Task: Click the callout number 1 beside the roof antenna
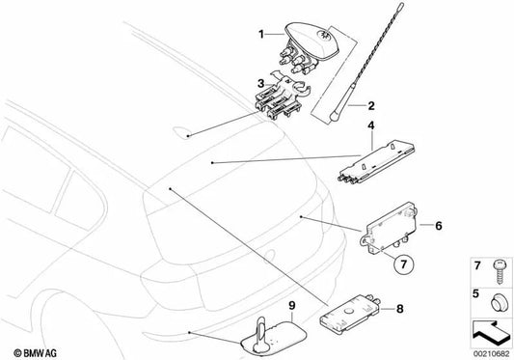point(261,34)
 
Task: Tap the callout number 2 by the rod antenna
point(371,105)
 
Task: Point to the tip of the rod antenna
point(401,5)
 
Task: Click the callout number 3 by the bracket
point(261,83)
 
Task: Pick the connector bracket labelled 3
point(282,97)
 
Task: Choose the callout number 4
point(370,125)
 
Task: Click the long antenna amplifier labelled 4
point(376,162)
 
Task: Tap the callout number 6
point(438,226)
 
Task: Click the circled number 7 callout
point(404,263)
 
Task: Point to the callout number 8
point(399,309)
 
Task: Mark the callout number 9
point(292,305)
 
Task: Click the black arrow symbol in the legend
point(491,332)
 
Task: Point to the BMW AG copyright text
point(35,353)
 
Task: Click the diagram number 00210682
point(491,354)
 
